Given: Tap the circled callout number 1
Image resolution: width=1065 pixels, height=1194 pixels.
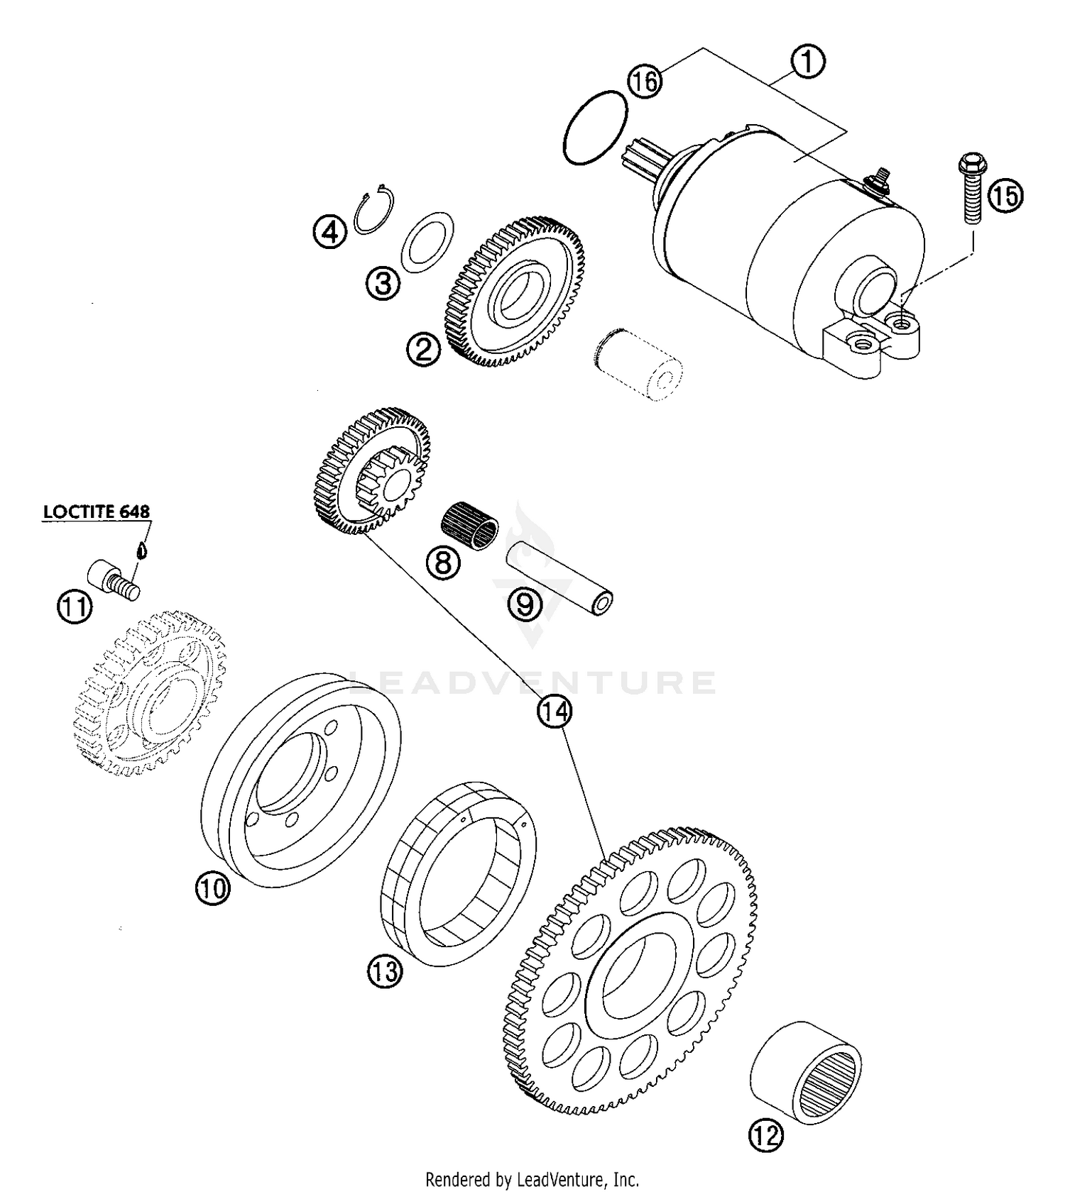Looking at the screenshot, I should pyautogui.click(x=807, y=62).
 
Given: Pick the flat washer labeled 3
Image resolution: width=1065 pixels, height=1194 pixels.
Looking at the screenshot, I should pyautogui.click(x=427, y=241).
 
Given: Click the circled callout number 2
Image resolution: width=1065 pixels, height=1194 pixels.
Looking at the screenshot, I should pyautogui.click(x=423, y=349).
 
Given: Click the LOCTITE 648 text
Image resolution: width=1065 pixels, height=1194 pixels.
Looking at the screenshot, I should pyautogui.click(x=97, y=512).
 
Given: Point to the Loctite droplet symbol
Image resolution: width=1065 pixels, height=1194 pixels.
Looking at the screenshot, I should pyautogui.click(x=141, y=549).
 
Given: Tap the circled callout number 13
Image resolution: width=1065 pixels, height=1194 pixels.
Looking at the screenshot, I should pyautogui.click(x=385, y=970).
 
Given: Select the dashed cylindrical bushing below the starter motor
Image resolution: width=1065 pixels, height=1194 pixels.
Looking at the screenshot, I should pyautogui.click(x=637, y=363).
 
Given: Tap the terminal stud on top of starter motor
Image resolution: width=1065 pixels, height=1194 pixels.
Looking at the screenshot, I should pyautogui.click(x=880, y=175).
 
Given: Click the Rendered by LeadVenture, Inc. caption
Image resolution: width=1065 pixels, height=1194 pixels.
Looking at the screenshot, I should pyautogui.click(x=532, y=1180).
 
